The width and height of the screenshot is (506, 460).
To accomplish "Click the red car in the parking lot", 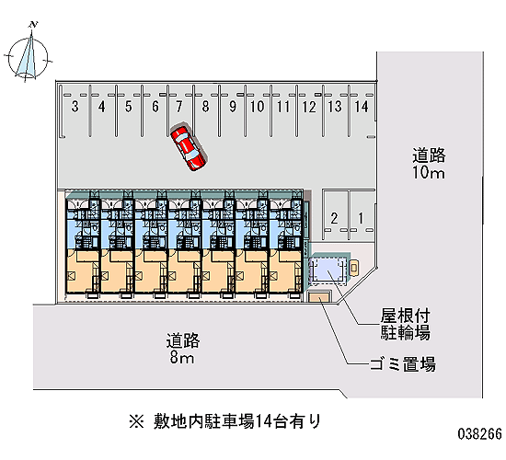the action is tap(189, 148).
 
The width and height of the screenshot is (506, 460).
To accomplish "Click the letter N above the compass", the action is tap(33, 24).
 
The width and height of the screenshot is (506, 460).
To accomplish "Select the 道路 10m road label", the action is tap(429, 164).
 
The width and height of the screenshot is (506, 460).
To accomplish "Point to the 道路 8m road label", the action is tap(183, 349).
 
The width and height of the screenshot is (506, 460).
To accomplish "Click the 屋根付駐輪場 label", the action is tap(405, 324).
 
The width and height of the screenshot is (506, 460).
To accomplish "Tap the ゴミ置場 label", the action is tap(403, 364).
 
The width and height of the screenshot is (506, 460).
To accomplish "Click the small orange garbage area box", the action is tap(320, 296).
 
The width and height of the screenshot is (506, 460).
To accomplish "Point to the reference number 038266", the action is tap(480, 434).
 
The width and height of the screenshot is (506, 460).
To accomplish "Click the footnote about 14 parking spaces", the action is tap(225, 421).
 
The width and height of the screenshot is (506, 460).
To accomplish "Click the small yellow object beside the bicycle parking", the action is tap(354, 268).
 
